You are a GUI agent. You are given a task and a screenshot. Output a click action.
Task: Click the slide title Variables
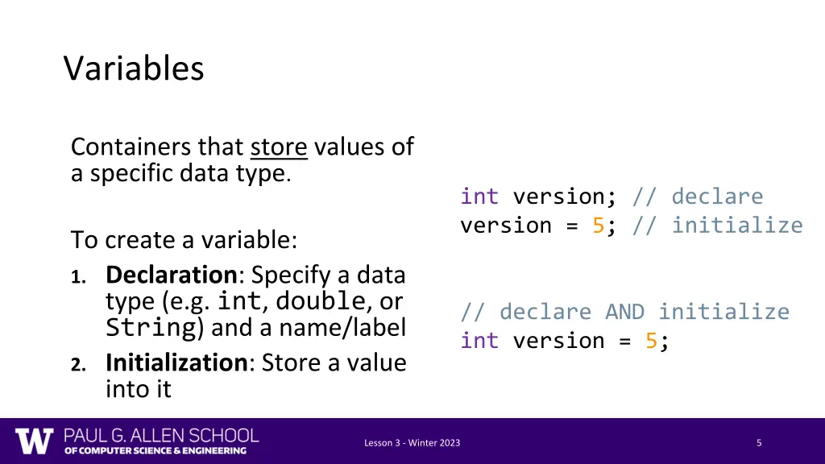[x=134, y=68]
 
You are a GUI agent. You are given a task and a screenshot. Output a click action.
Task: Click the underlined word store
[x=279, y=147]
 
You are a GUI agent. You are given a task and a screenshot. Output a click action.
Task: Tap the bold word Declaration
[x=170, y=275]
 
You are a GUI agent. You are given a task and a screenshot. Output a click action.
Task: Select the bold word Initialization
[x=176, y=362]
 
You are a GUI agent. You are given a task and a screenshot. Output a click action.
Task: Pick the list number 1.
[x=77, y=277]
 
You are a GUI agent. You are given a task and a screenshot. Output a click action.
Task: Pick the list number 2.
[x=77, y=364]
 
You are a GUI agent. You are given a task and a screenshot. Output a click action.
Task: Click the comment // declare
[x=698, y=197]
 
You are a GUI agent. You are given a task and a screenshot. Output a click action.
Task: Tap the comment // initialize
[x=718, y=226]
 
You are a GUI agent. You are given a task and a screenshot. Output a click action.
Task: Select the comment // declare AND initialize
[x=624, y=312]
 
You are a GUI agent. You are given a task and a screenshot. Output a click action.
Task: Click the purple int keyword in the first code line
[x=479, y=197]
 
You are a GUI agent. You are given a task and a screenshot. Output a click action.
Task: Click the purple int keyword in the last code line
[x=479, y=341]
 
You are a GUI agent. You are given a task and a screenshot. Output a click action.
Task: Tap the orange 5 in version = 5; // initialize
[x=598, y=226]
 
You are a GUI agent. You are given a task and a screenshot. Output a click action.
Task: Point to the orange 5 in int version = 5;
[x=651, y=341]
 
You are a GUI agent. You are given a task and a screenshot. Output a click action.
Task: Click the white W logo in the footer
[x=34, y=441]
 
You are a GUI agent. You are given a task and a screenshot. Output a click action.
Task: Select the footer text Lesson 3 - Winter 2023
[x=412, y=443]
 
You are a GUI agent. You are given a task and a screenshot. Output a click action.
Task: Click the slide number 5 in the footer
[x=759, y=443]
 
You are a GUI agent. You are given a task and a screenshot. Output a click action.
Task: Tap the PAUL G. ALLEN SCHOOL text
[x=161, y=436]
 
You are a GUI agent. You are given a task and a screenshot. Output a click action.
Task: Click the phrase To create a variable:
[x=184, y=240]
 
